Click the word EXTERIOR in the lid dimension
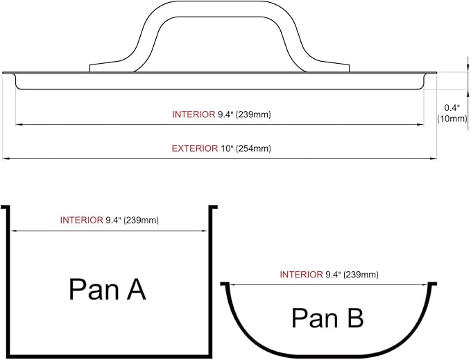click(x=195, y=148)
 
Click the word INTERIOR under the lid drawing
click(x=194, y=114)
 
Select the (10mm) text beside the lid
click(x=452, y=119)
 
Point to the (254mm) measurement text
click(x=253, y=148)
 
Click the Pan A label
click(x=108, y=289)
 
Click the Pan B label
click(x=327, y=318)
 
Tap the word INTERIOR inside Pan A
click(x=82, y=220)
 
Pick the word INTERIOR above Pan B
click(x=301, y=275)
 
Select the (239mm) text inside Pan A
click(x=141, y=220)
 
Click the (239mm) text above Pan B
click(x=361, y=275)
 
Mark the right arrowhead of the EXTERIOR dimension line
click(x=434, y=159)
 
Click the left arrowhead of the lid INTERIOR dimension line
click(x=19, y=124)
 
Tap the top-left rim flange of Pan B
click(x=225, y=284)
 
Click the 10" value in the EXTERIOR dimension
click(x=227, y=148)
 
